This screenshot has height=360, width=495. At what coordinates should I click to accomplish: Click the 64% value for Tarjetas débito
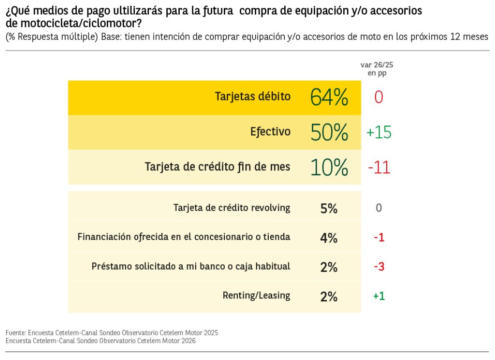pyautogui.click(x=329, y=97)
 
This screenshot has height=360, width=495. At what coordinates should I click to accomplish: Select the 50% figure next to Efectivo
pyautogui.click(x=329, y=133)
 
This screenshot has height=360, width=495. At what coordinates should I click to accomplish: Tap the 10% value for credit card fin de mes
pyautogui.click(x=329, y=167)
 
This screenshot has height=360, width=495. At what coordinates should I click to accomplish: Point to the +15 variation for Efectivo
pyautogui.click(x=379, y=133)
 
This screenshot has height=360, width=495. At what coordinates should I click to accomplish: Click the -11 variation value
pyautogui.click(x=379, y=167)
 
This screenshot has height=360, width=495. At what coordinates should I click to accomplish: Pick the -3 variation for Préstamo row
pyautogui.click(x=379, y=267)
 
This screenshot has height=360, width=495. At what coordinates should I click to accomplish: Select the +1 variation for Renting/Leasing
pyautogui.click(x=379, y=296)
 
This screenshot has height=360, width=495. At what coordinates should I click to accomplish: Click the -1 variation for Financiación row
pyautogui.click(x=379, y=238)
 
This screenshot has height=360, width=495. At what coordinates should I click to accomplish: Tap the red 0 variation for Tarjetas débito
pyautogui.click(x=379, y=97)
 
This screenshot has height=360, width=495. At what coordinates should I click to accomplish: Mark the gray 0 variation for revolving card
pyautogui.click(x=379, y=208)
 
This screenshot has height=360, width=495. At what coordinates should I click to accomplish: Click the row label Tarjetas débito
pyautogui.click(x=253, y=96)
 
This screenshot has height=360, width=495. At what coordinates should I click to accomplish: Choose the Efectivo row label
pyautogui.click(x=270, y=132)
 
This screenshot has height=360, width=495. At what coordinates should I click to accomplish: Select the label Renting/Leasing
pyautogui.click(x=256, y=296)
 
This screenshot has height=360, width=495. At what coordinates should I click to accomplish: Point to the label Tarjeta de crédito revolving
pyautogui.click(x=232, y=208)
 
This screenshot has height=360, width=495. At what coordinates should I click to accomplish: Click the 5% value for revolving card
pyautogui.click(x=329, y=209)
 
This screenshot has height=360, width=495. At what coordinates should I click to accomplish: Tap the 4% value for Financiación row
pyautogui.click(x=329, y=238)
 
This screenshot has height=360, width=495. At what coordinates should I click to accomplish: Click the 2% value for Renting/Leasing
pyautogui.click(x=329, y=296)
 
